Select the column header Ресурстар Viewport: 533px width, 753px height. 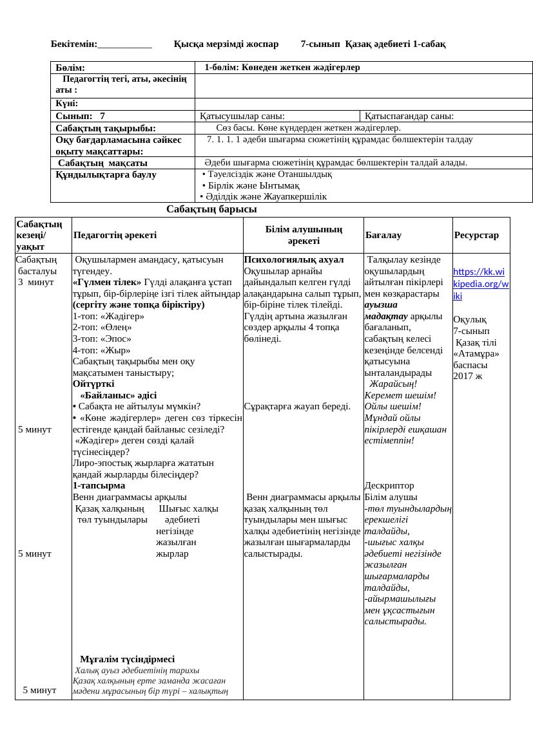click(476, 236)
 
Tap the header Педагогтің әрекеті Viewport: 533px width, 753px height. click(115, 236)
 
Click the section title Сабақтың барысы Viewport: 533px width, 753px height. click(211, 209)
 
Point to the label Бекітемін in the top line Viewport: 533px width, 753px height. click(73, 44)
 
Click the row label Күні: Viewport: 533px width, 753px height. click(66, 104)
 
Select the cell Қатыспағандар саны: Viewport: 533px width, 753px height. click(409, 116)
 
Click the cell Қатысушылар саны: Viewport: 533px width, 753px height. click(242, 116)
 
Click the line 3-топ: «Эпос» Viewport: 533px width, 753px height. click(102, 339)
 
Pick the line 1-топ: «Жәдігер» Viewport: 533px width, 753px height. click(108, 317)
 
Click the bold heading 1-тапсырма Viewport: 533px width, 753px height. click(99, 486)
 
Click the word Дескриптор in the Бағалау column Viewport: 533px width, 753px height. click(389, 486)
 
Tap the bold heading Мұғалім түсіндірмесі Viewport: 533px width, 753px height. click(127, 660)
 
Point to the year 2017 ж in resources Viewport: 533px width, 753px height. click(468, 376)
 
